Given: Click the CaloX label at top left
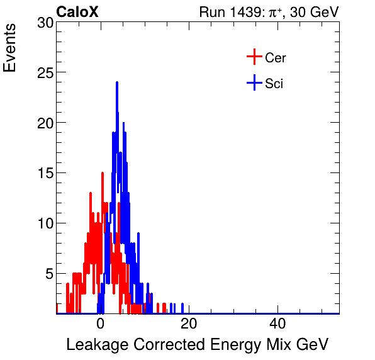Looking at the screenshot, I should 77,12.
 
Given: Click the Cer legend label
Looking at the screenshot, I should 276,58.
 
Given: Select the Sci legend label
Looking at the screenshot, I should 274,83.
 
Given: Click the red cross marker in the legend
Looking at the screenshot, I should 254,57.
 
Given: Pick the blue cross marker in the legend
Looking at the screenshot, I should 254,82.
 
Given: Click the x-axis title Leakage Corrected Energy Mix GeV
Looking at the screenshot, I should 197,345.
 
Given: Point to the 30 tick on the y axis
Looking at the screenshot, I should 45,23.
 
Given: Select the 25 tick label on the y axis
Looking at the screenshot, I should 45,73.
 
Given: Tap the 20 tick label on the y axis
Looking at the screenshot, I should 45,123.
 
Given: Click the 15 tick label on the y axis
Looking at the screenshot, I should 45,174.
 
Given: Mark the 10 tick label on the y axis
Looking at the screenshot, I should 45,223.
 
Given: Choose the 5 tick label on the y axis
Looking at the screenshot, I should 48,274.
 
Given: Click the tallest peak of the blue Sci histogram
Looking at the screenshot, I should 117,83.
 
